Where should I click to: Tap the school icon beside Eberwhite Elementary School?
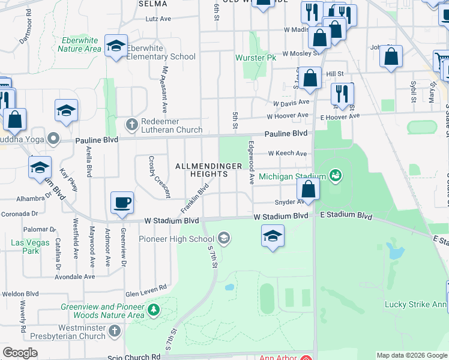click(x=116, y=46)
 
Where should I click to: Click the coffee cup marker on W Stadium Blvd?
click(x=122, y=202)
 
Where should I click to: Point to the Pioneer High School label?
click(x=176, y=239)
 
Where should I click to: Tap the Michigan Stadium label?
click(x=292, y=176)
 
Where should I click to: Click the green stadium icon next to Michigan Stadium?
click(x=336, y=176)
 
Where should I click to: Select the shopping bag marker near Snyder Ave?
click(x=308, y=189)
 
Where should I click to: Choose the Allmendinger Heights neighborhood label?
click(x=201, y=169)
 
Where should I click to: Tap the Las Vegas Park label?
click(x=25, y=247)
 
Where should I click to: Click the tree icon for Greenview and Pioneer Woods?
click(x=154, y=310)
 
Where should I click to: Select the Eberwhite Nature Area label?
click(x=79, y=44)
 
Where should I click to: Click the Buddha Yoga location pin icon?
click(x=53, y=139)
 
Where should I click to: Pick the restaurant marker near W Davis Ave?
click(x=343, y=94)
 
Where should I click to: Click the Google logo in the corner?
click(x=20, y=353)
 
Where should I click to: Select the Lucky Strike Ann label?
click(x=415, y=304)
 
